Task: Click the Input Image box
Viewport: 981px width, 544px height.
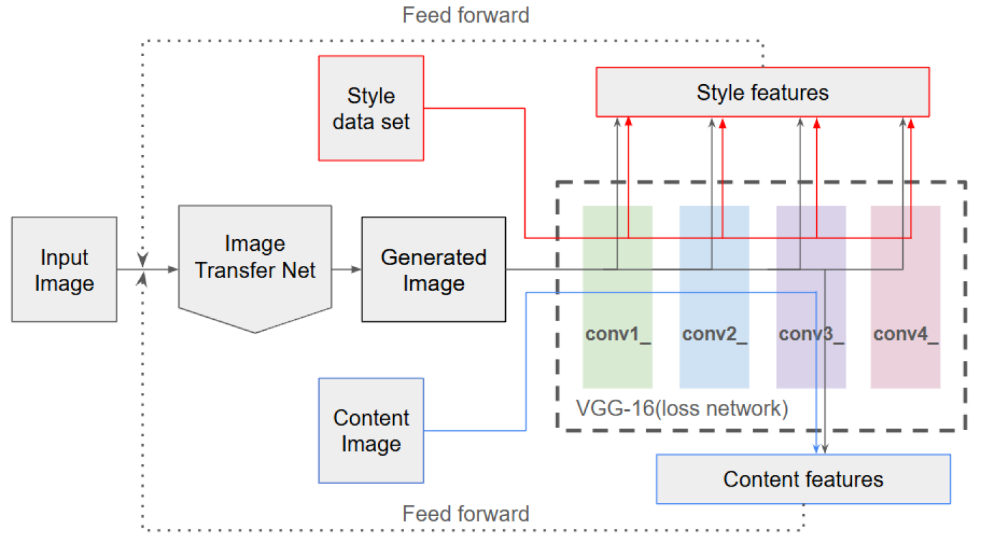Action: (64, 269)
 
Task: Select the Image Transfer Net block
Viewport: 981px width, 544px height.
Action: (254, 260)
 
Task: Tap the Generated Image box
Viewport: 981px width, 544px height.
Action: (433, 269)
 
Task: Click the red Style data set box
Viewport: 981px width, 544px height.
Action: (371, 108)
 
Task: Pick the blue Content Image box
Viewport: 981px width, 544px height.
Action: (371, 431)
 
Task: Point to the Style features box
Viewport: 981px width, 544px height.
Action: (762, 92)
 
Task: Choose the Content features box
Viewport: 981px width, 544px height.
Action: (803, 478)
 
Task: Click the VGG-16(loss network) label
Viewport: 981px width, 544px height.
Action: (682, 409)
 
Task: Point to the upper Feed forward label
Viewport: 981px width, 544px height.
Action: (466, 15)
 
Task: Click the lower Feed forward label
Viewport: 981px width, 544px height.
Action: (466, 513)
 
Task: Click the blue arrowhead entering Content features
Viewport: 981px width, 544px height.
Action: (816, 448)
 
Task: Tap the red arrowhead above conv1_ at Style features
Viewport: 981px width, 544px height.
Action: (628, 122)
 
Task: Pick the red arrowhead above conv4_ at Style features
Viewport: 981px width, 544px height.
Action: (911, 122)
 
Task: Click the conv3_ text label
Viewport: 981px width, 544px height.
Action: (811, 335)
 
